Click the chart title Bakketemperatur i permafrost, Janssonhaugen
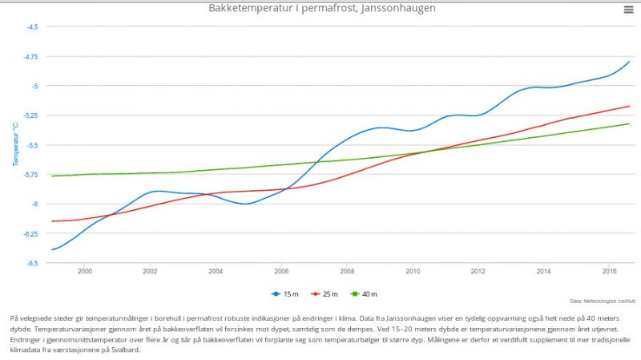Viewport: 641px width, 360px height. click(x=322, y=8)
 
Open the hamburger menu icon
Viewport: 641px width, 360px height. click(x=628, y=10)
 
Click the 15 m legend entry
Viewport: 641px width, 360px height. click(x=285, y=293)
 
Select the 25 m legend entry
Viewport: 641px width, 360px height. click(x=325, y=293)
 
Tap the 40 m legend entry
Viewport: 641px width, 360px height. click(x=364, y=293)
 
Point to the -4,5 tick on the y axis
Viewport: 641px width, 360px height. click(x=32, y=26)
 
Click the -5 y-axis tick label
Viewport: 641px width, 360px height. click(x=34, y=86)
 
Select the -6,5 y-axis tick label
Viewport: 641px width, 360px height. click(x=32, y=263)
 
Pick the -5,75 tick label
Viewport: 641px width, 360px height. click(x=30, y=175)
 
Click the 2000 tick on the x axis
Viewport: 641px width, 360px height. click(x=85, y=271)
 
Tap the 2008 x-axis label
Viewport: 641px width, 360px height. click(x=347, y=271)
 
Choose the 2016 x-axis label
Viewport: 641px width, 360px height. click(x=609, y=271)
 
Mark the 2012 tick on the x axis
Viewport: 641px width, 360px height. click(x=478, y=271)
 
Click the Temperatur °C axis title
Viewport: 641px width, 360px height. click(x=15, y=144)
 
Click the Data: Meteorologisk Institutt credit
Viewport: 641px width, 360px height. click(x=603, y=301)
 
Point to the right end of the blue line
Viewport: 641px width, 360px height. click(x=629, y=62)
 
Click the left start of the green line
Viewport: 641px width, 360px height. click(x=52, y=176)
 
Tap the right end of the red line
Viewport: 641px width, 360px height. click(x=629, y=107)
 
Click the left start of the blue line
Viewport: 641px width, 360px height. click(x=52, y=249)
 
